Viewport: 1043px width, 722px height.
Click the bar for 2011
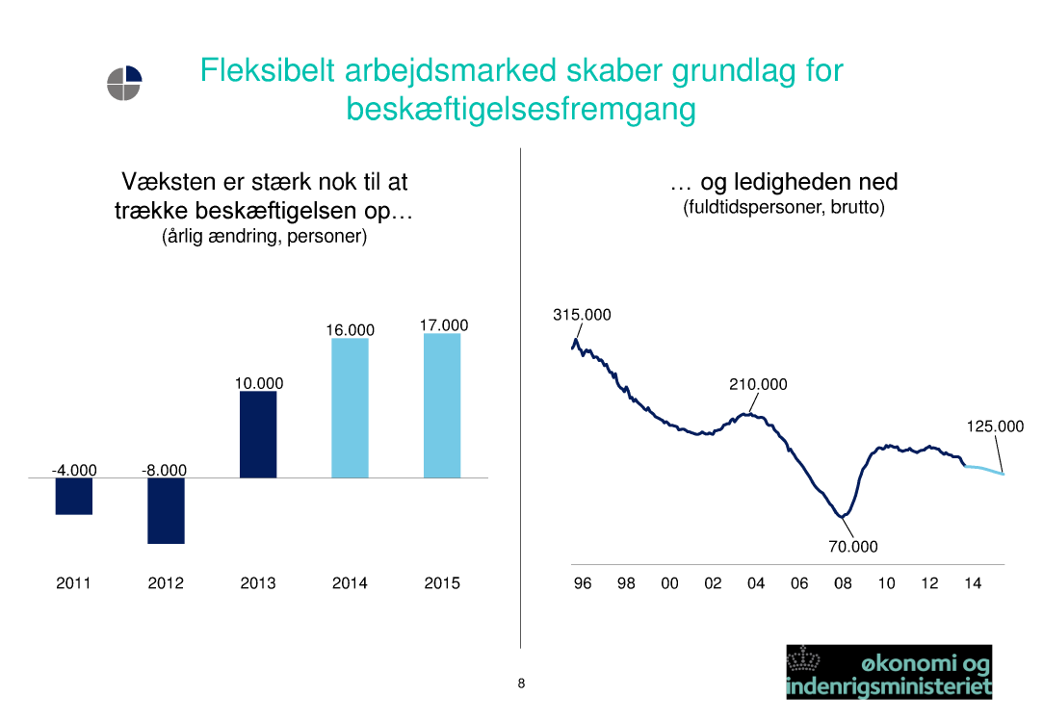(74, 496)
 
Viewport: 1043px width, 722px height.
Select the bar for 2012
(166, 510)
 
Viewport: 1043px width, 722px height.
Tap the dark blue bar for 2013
(258, 435)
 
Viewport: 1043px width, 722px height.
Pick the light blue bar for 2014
(350, 408)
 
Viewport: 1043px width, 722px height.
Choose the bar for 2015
(442, 405)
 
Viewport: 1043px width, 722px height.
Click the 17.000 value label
(444, 325)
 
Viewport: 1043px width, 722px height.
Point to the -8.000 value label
(165, 470)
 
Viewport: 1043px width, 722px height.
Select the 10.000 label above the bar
(259, 383)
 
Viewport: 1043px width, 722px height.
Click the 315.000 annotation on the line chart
(582, 315)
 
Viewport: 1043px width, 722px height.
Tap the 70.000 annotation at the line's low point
(853, 547)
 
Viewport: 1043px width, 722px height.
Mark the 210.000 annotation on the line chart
(758, 384)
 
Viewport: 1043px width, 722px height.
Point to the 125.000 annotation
(995, 426)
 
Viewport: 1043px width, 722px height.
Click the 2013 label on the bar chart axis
(258, 583)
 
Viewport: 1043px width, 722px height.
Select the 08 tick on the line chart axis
(843, 583)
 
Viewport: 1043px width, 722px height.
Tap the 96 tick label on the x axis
(583, 583)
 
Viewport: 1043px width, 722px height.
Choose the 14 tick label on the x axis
(973, 583)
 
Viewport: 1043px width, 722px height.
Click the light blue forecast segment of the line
(984, 470)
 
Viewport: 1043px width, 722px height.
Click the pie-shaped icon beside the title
(124, 83)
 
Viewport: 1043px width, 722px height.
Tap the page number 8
(522, 683)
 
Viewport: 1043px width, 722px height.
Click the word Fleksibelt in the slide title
(268, 70)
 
